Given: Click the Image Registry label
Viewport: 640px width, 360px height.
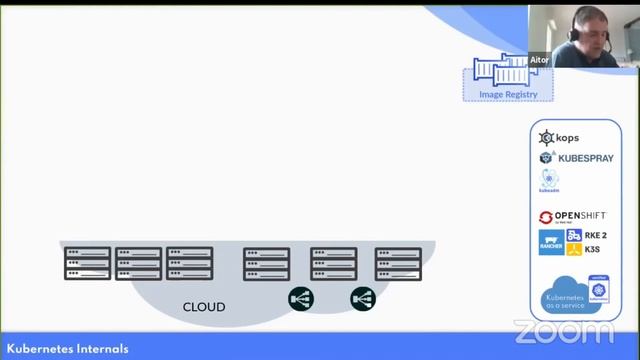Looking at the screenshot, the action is (508, 95).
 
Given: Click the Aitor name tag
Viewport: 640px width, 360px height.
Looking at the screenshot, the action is (539, 59).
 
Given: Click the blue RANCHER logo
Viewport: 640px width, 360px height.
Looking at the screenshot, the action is (550, 242).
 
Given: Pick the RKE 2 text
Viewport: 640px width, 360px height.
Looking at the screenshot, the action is (596, 236).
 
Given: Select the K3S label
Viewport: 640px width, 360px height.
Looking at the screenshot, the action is (594, 250).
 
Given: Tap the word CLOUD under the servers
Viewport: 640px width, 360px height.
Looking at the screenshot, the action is (203, 307).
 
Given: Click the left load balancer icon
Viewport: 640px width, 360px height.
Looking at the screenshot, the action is (301, 297).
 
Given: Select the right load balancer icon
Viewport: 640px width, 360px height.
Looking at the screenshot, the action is (362, 297).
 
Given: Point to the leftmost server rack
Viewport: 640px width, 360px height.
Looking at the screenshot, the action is (87, 263).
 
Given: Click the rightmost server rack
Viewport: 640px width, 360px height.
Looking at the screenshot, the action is (398, 263).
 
